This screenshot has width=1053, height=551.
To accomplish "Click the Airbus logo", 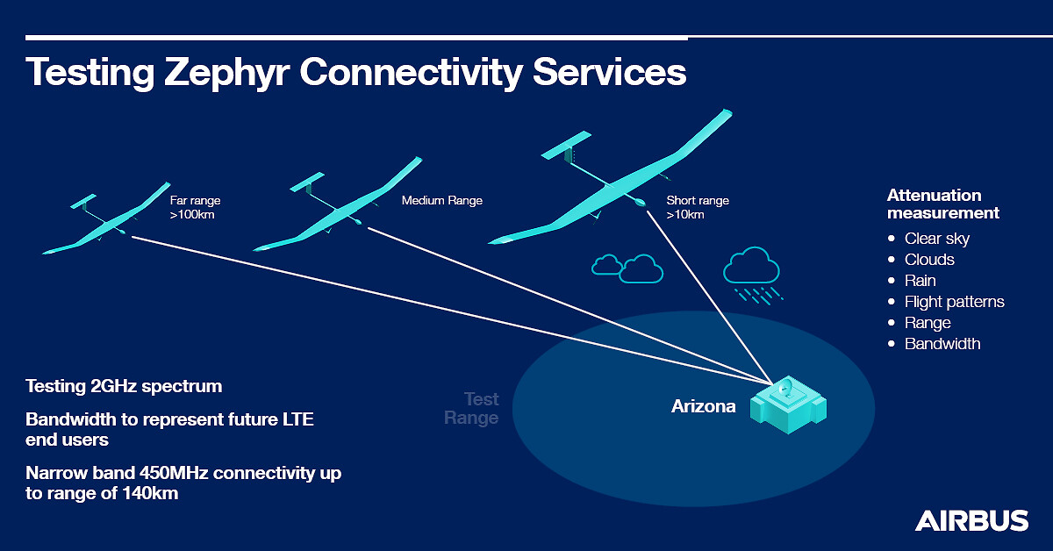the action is coord(971,520).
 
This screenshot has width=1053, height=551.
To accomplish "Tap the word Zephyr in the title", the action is coord(226,73).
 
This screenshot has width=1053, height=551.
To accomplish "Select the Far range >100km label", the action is coord(195,207).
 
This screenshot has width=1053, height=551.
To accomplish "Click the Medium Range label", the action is coord(442,200).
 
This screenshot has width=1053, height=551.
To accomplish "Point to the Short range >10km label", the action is coord(698,207).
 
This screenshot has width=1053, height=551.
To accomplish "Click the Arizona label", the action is coord(703,406).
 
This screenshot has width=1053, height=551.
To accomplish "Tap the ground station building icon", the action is coord(788,404).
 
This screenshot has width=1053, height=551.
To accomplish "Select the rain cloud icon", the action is coord(753,275).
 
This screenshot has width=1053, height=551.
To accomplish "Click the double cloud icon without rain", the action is coord(627,268).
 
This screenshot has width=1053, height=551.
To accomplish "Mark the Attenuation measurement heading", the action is coord(943,204).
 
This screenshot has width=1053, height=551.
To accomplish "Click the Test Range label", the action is coord(471,409).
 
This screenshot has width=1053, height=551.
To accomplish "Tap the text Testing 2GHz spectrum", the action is coord(124,386).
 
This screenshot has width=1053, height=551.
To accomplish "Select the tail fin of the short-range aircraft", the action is coord(567,146).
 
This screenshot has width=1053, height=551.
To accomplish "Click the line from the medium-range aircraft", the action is coord(569,305).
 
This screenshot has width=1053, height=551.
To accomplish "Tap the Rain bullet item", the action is coord(920,281).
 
